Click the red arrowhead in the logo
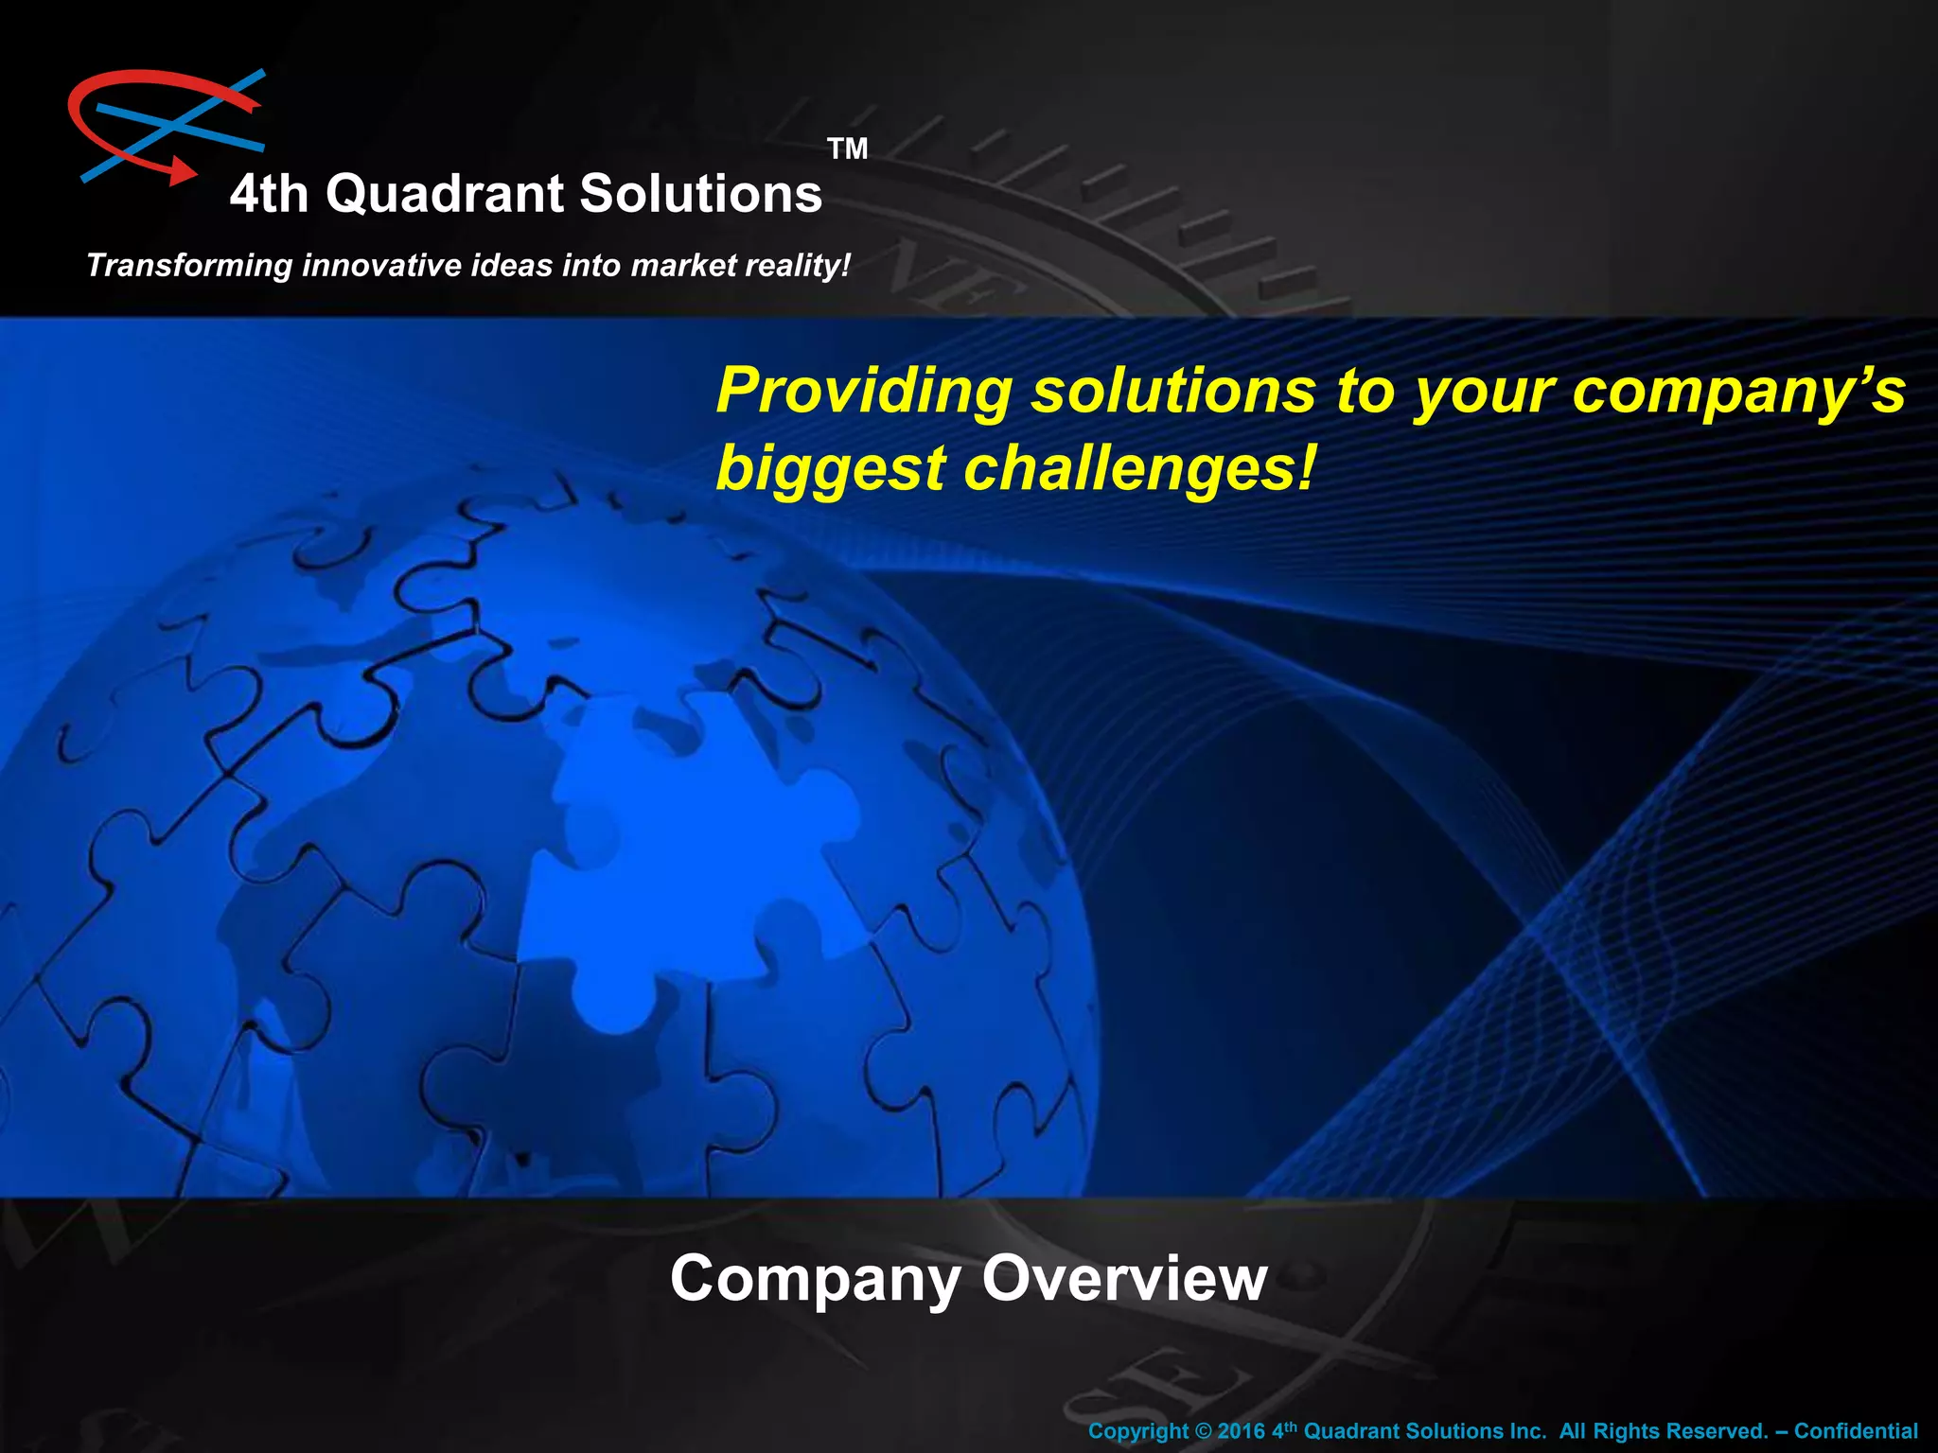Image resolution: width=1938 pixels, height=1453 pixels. tap(182, 171)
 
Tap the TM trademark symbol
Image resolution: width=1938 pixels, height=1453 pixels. tap(847, 149)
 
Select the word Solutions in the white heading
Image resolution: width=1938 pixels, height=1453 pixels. tap(700, 194)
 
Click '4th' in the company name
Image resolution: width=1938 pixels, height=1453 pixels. tap(269, 194)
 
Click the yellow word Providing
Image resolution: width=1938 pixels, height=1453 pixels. tap(863, 391)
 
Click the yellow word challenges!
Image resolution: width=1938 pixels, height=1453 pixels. tap(1139, 469)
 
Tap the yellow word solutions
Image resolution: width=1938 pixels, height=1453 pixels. tap(1172, 391)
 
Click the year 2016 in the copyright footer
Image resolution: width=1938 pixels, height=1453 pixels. tap(1241, 1431)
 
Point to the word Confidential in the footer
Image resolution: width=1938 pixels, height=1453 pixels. tap(1856, 1431)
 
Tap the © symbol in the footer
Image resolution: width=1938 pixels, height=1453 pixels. tap(1203, 1431)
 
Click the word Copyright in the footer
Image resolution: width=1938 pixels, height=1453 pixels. tap(1137, 1431)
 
